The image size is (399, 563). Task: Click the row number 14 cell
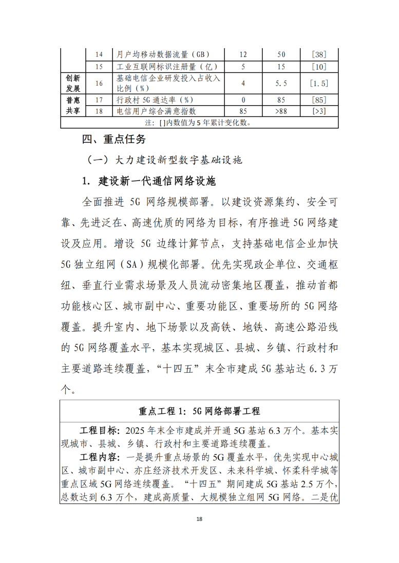(100, 54)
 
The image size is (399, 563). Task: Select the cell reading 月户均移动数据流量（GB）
(163, 54)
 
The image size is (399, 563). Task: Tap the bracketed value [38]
(319, 54)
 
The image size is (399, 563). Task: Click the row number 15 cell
(100, 67)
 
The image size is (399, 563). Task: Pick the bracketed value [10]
(319, 67)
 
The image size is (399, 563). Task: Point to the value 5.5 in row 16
(281, 83)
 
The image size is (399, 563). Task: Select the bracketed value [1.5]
(319, 83)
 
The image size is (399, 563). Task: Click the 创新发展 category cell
(72, 83)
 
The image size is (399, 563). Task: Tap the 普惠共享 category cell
(72, 105)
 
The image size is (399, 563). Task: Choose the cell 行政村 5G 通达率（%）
(155, 99)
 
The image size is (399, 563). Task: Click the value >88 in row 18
(281, 111)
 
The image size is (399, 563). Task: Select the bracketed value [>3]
(319, 111)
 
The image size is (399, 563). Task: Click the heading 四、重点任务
(115, 139)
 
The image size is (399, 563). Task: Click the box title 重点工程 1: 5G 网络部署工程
(199, 411)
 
